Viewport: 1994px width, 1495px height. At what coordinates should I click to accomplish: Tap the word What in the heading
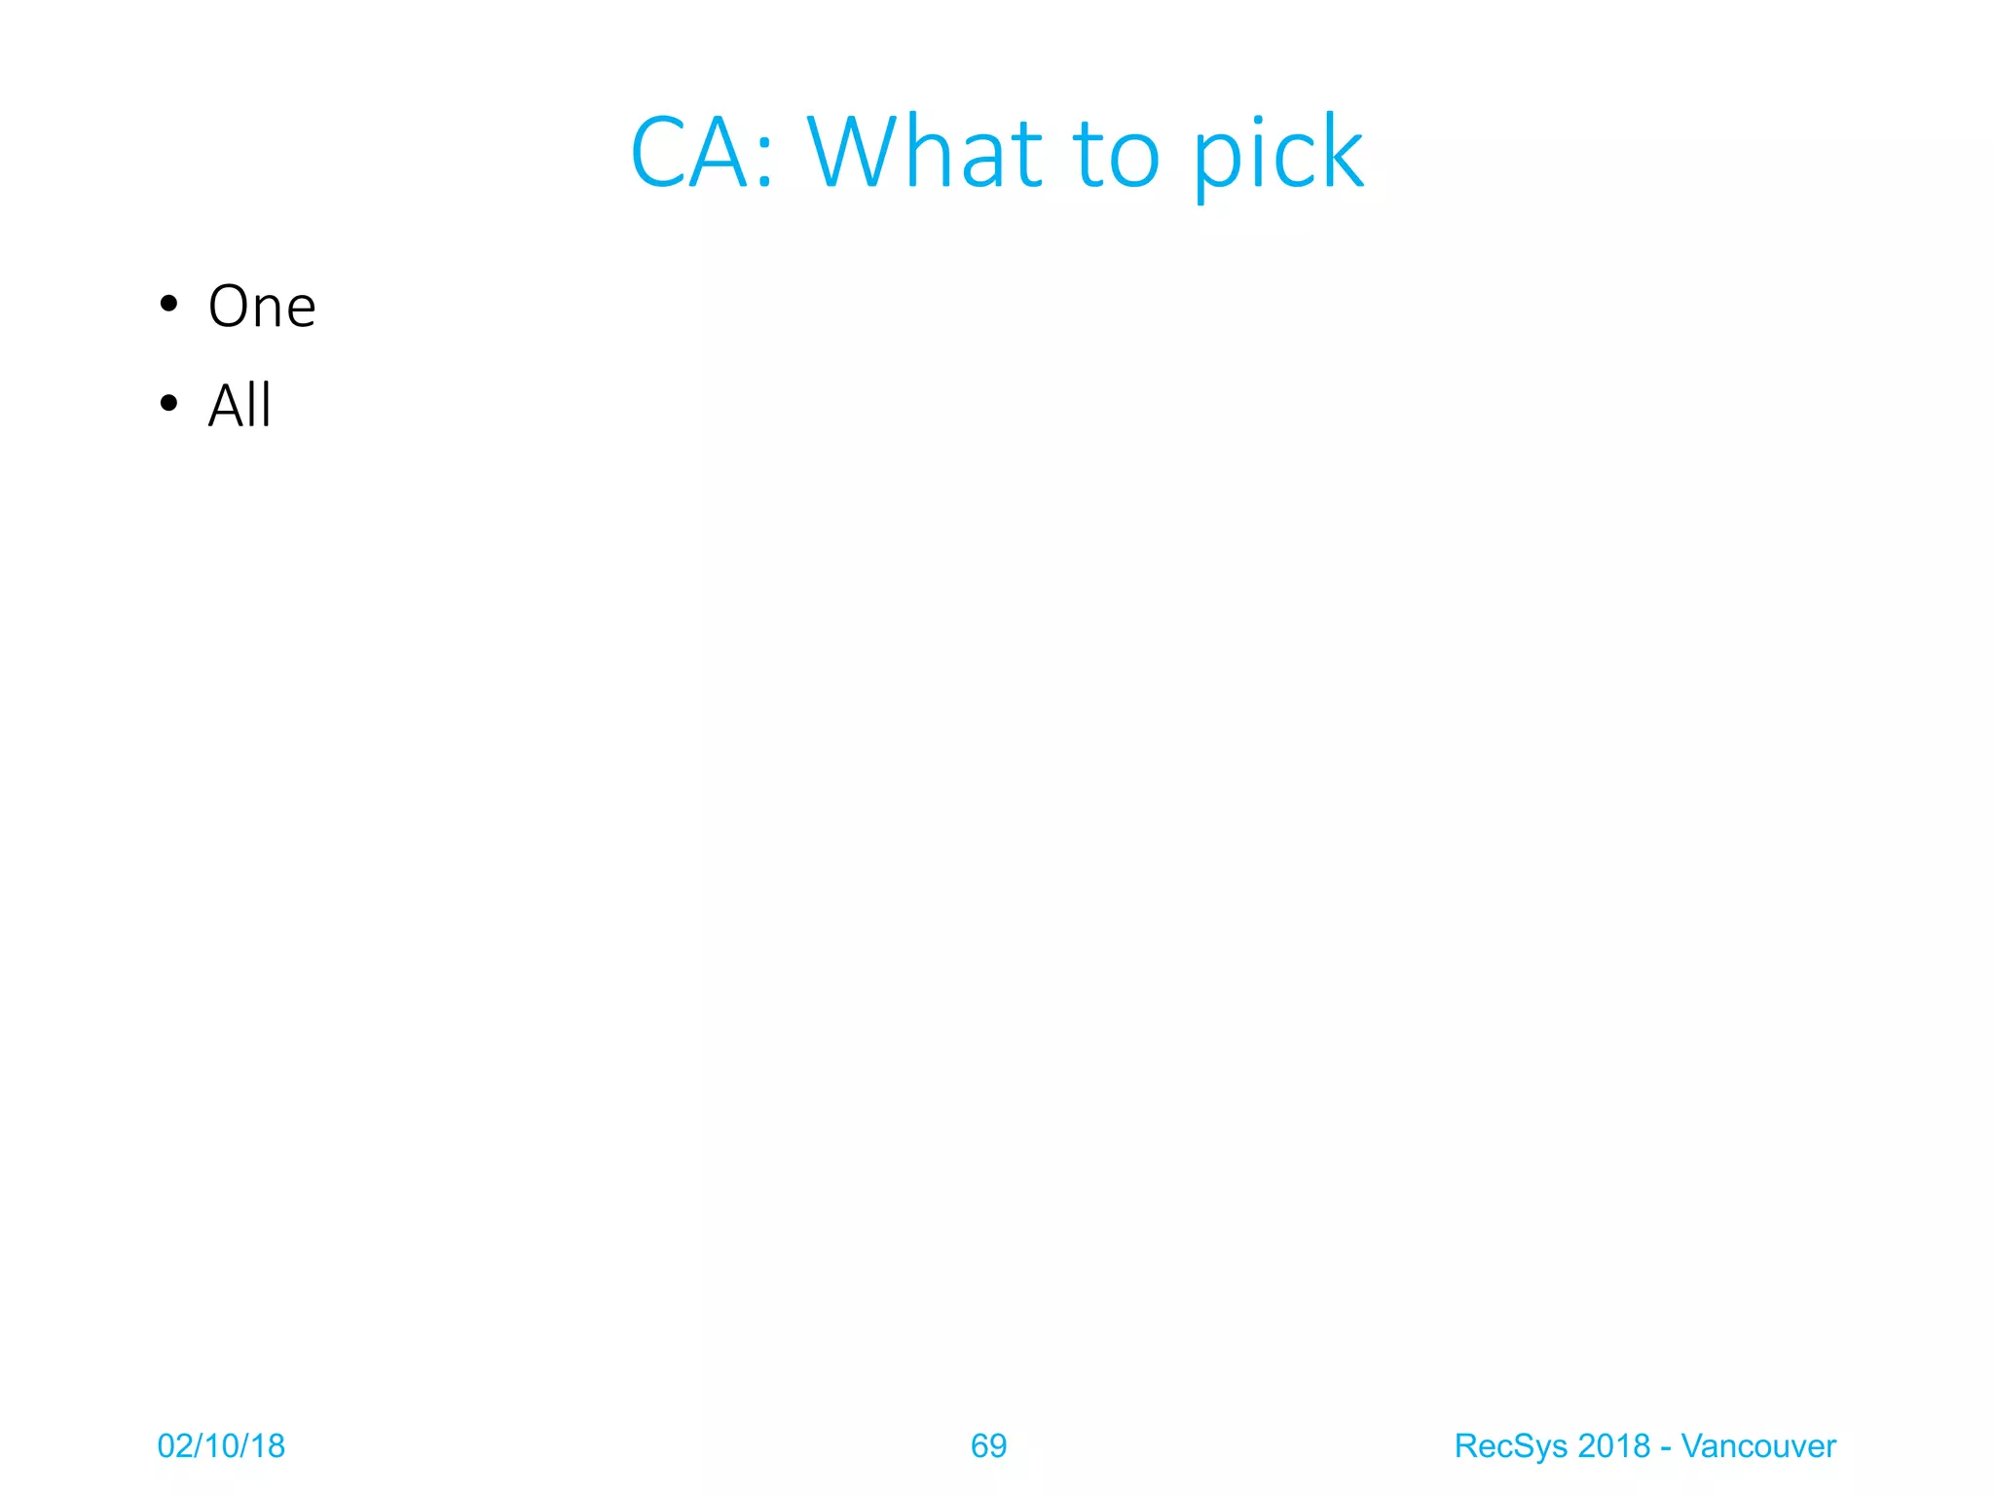926,154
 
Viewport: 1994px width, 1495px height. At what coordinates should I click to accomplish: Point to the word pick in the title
1277,156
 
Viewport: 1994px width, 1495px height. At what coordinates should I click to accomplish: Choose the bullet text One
262,307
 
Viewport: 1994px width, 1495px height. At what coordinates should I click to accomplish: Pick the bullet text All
240,405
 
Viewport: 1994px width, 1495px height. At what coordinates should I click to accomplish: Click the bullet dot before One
169,305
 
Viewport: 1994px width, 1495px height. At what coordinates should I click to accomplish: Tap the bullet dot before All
169,403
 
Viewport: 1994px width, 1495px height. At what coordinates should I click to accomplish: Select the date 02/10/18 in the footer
221,1446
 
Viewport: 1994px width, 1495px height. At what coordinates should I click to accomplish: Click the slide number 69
988,1446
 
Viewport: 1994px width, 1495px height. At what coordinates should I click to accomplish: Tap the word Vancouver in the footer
1758,1446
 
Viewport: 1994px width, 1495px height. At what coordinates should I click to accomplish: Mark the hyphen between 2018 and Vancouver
1666,1449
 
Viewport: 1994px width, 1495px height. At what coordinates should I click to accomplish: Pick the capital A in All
226,405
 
